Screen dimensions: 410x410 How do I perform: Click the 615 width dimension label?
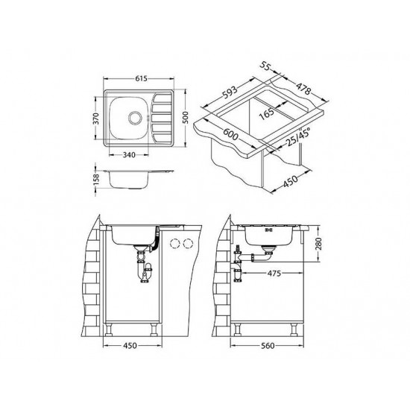[141, 78]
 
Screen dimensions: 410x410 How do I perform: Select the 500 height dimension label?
[185, 118]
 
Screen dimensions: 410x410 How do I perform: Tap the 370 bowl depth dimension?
[96, 119]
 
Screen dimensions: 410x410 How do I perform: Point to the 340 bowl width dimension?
[129, 155]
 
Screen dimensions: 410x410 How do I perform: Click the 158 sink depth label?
[96, 180]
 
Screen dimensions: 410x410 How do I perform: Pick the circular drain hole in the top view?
[135, 117]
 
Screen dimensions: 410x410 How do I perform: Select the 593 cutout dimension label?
[230, 92]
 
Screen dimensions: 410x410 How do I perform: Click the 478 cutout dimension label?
[303, 89]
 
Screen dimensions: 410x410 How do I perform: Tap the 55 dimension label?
[265, 66]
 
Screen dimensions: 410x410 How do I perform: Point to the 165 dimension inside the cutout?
[267, 114]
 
